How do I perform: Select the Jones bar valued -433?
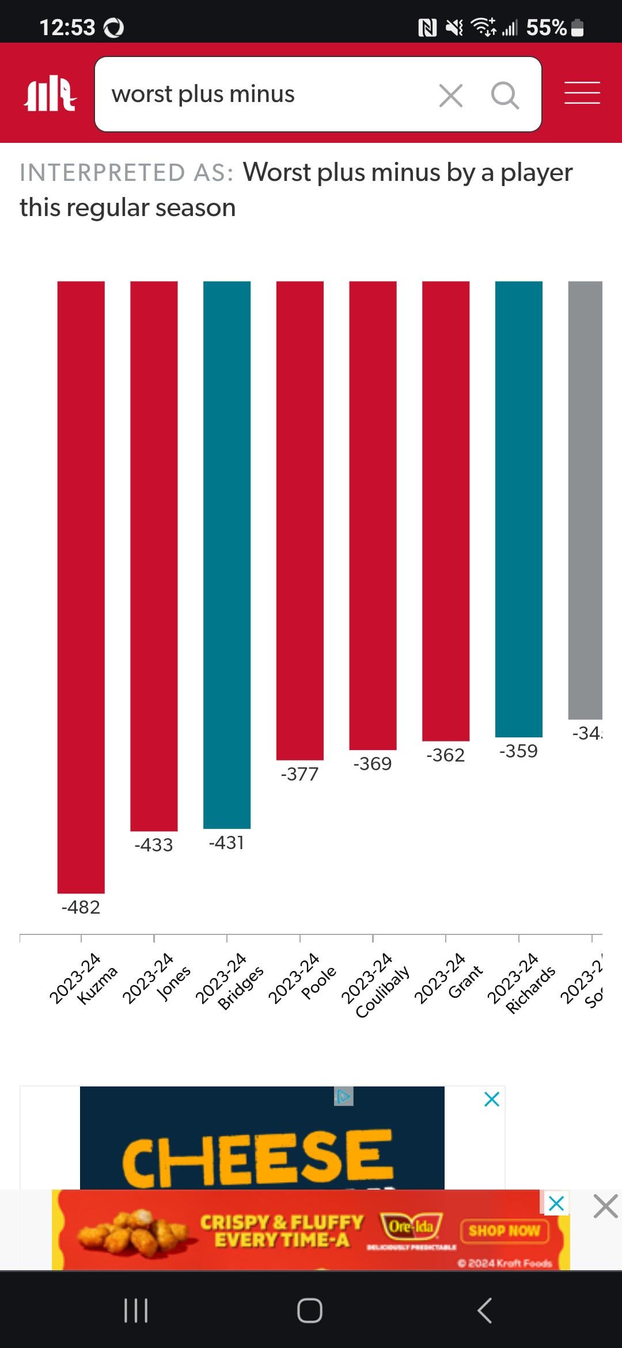(154, 555)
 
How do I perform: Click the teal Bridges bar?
(227, 554)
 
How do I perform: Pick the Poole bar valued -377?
(299, 520)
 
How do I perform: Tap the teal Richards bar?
(518, 508)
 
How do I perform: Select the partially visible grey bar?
(585, 499)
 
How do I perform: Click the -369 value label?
(373, 764)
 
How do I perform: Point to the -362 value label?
(445, 755)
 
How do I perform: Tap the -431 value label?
(226, 843)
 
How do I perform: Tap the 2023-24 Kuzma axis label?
(82, 979)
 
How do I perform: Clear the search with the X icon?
(450, 95)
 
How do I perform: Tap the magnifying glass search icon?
(505, 95)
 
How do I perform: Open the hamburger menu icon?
(582, 93)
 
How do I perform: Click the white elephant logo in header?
(50, 93)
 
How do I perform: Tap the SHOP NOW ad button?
(504, 1231)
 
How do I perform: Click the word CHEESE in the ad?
(257, 1158)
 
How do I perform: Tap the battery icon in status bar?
(577, 28)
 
